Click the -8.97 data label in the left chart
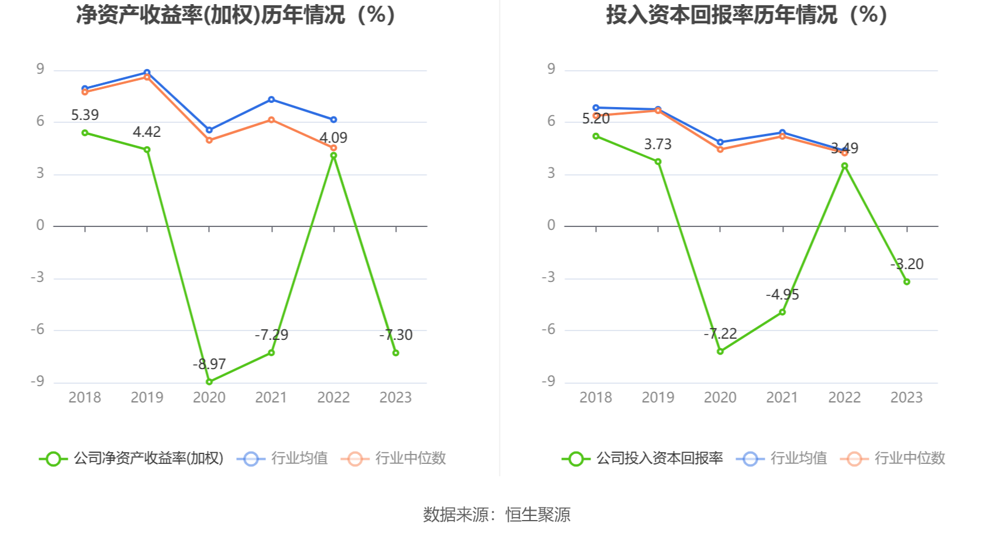tap(209, 364)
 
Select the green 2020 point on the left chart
tap(209, 382)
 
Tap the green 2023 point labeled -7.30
tap(396, 353)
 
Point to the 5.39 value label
tap(85, 115)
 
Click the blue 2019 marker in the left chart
tap(147, 73)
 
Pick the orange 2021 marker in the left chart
tap(271, 120)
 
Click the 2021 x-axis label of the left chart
tap(271, 398)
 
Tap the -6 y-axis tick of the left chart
tap(37, 329)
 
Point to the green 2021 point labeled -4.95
tap(782, 312)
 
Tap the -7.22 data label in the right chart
tap(720, 333)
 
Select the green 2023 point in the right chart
tap(907, 282)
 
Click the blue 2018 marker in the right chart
tap(596, 108)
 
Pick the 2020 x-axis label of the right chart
tap(720, 398)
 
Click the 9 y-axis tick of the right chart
tap(551, 69)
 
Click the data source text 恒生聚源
tap(537, 515)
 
